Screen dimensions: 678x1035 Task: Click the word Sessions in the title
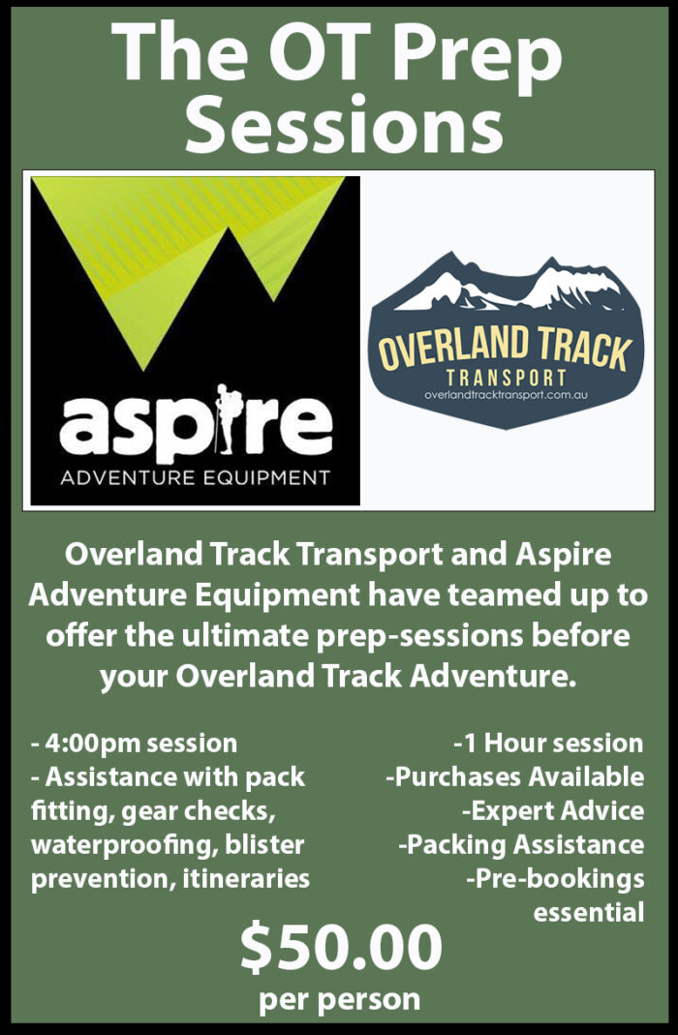click(x=343, y=124)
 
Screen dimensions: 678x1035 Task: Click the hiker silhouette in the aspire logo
click(x=227, y=418)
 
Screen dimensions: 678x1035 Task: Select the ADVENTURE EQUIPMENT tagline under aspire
click(x=195, y=476)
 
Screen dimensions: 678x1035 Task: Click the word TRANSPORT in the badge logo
click(x=507, y=378)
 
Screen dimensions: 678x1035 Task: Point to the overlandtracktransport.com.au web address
click(x=507, y=395)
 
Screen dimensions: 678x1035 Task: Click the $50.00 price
click(x=341, y=947)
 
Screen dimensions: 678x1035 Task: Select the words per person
click(x=339, y=999)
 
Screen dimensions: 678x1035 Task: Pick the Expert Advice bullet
click(x=553, y=810)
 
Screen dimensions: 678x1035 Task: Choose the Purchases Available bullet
click(x=515, y=776)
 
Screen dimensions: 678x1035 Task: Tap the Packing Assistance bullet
click(x=521, y=845)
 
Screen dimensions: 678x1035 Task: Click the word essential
click(x=589, y=912)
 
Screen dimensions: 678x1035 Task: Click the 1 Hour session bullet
click(x=548, y=744)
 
